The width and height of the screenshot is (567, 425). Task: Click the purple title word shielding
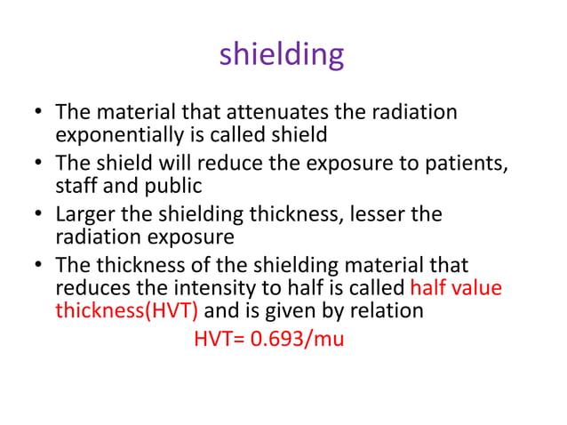[282, 55]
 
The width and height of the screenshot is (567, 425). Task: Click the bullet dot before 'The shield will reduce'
[38, 165]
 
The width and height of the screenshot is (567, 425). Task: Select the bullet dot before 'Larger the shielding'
[38, 217]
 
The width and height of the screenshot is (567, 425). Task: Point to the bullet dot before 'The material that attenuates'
[38, 114]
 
